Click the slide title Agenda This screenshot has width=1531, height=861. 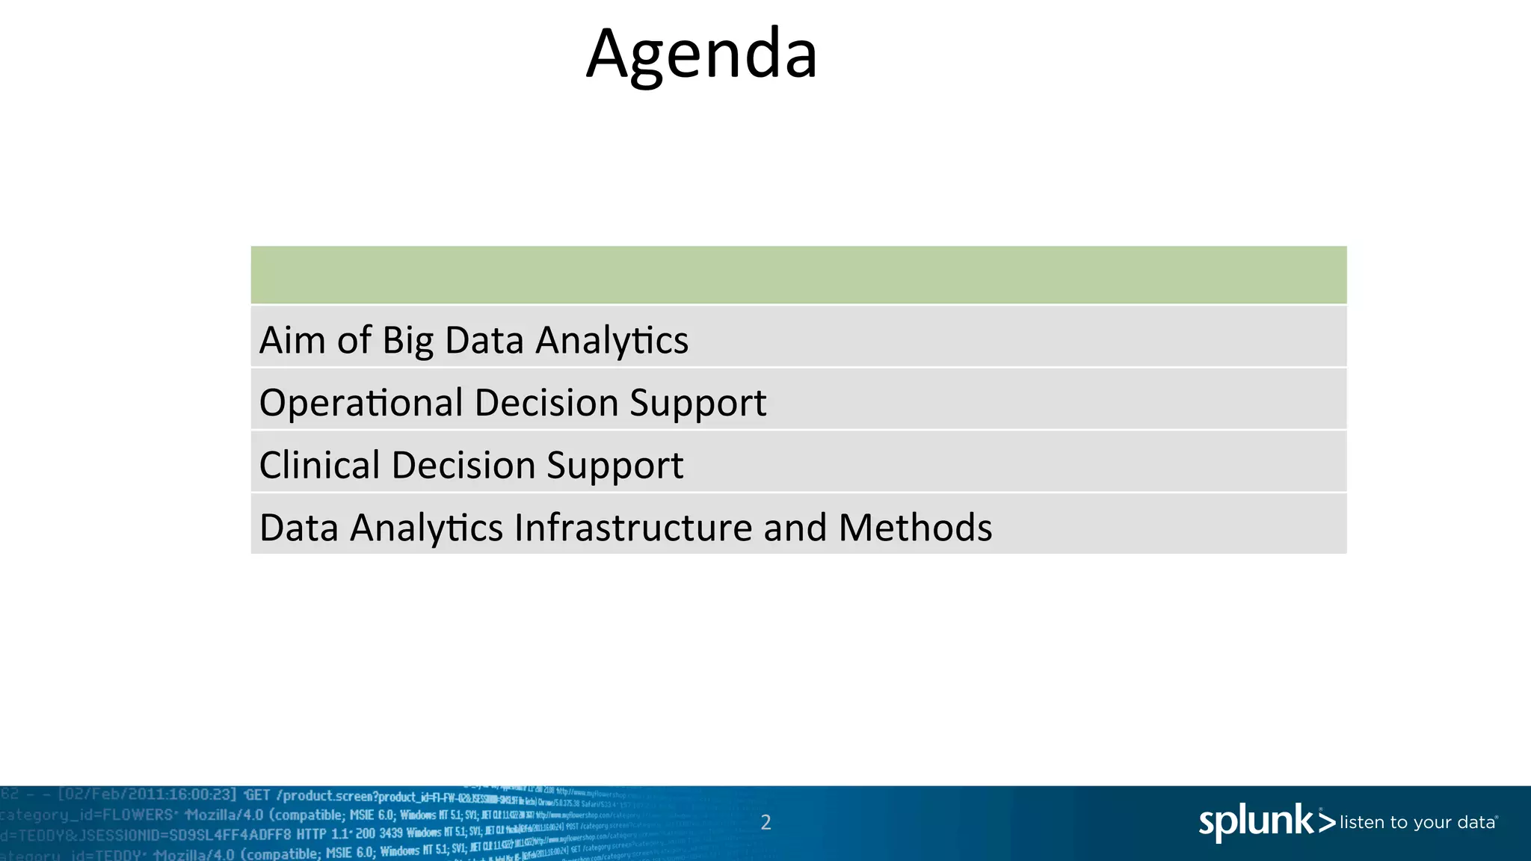pyautogui.click(x=701, y=55)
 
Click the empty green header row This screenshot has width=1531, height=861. pyautogui.click(x=798, y=274)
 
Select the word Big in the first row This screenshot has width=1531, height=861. pyautogui.click(x=408, y=342)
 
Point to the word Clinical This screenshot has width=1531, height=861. pyautogui.click(x=319, y=465)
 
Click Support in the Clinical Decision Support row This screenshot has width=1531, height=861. pyautogui.click(x=614, y=466)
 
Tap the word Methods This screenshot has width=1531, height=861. pyautogui.click(x=915, y=528)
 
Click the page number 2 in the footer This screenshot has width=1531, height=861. pyautogui.click(x=765, y=823)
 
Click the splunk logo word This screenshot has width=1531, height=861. pyautogui.click(x=1256, y=822)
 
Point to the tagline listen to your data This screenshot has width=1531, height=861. pyautogui.click(x=1417, y=823)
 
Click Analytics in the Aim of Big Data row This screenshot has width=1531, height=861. pyautogui.click(x=612, y=342)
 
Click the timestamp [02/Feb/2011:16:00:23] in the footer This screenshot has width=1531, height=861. pyautogui.click(x=147, y=794)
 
